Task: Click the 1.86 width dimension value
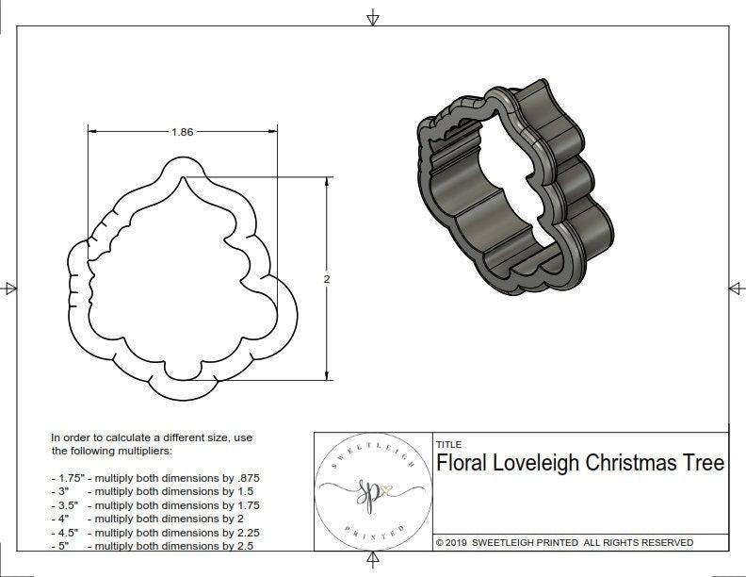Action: (182, 132)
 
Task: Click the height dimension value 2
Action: (327, 279)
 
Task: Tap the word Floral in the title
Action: (463, 463)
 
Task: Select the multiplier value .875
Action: (246, 478)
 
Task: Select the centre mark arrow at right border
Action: (736, 288)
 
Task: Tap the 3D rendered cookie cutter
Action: (513, 189)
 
